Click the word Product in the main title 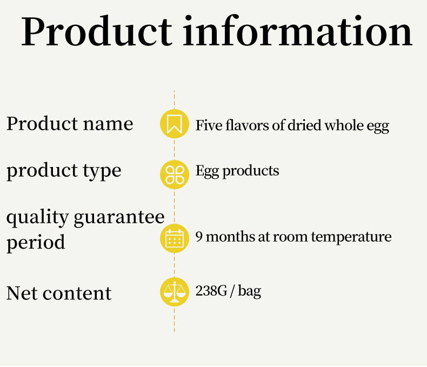tap(97, 31)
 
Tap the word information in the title tap(298, 30)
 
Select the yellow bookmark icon tap(174, 124)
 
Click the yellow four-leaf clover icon tap(174, 175)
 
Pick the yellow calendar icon tap(174, 238)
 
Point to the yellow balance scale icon tap(174, 292)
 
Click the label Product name tap(70, 124)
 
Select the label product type tap(64, 171)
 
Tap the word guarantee tap(119, 218)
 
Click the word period tap(36, 242)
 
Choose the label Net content tap(59, 293)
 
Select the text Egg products tap(237, 171)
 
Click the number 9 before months tap(199, 236)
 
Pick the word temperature tap(351, 237)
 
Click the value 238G tap(211, 291)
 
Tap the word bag tap(250, 291)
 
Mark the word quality tap(37, 218)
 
